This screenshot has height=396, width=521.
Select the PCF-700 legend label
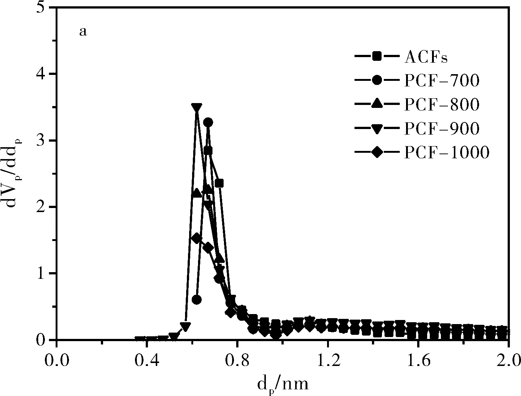pos(442,80)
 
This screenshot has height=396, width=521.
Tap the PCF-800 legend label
pos(442,105)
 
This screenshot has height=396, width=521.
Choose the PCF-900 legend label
pos(442,128)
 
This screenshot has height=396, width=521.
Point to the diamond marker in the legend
pos(377,152)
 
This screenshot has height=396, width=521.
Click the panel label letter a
pos(83,32)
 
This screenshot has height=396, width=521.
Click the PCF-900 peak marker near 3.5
pos(197,108)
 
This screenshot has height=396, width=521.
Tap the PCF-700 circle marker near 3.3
pos(208,122)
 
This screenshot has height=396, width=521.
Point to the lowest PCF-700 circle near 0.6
pos(197,300)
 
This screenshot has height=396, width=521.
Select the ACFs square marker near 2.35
pos(219,183)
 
